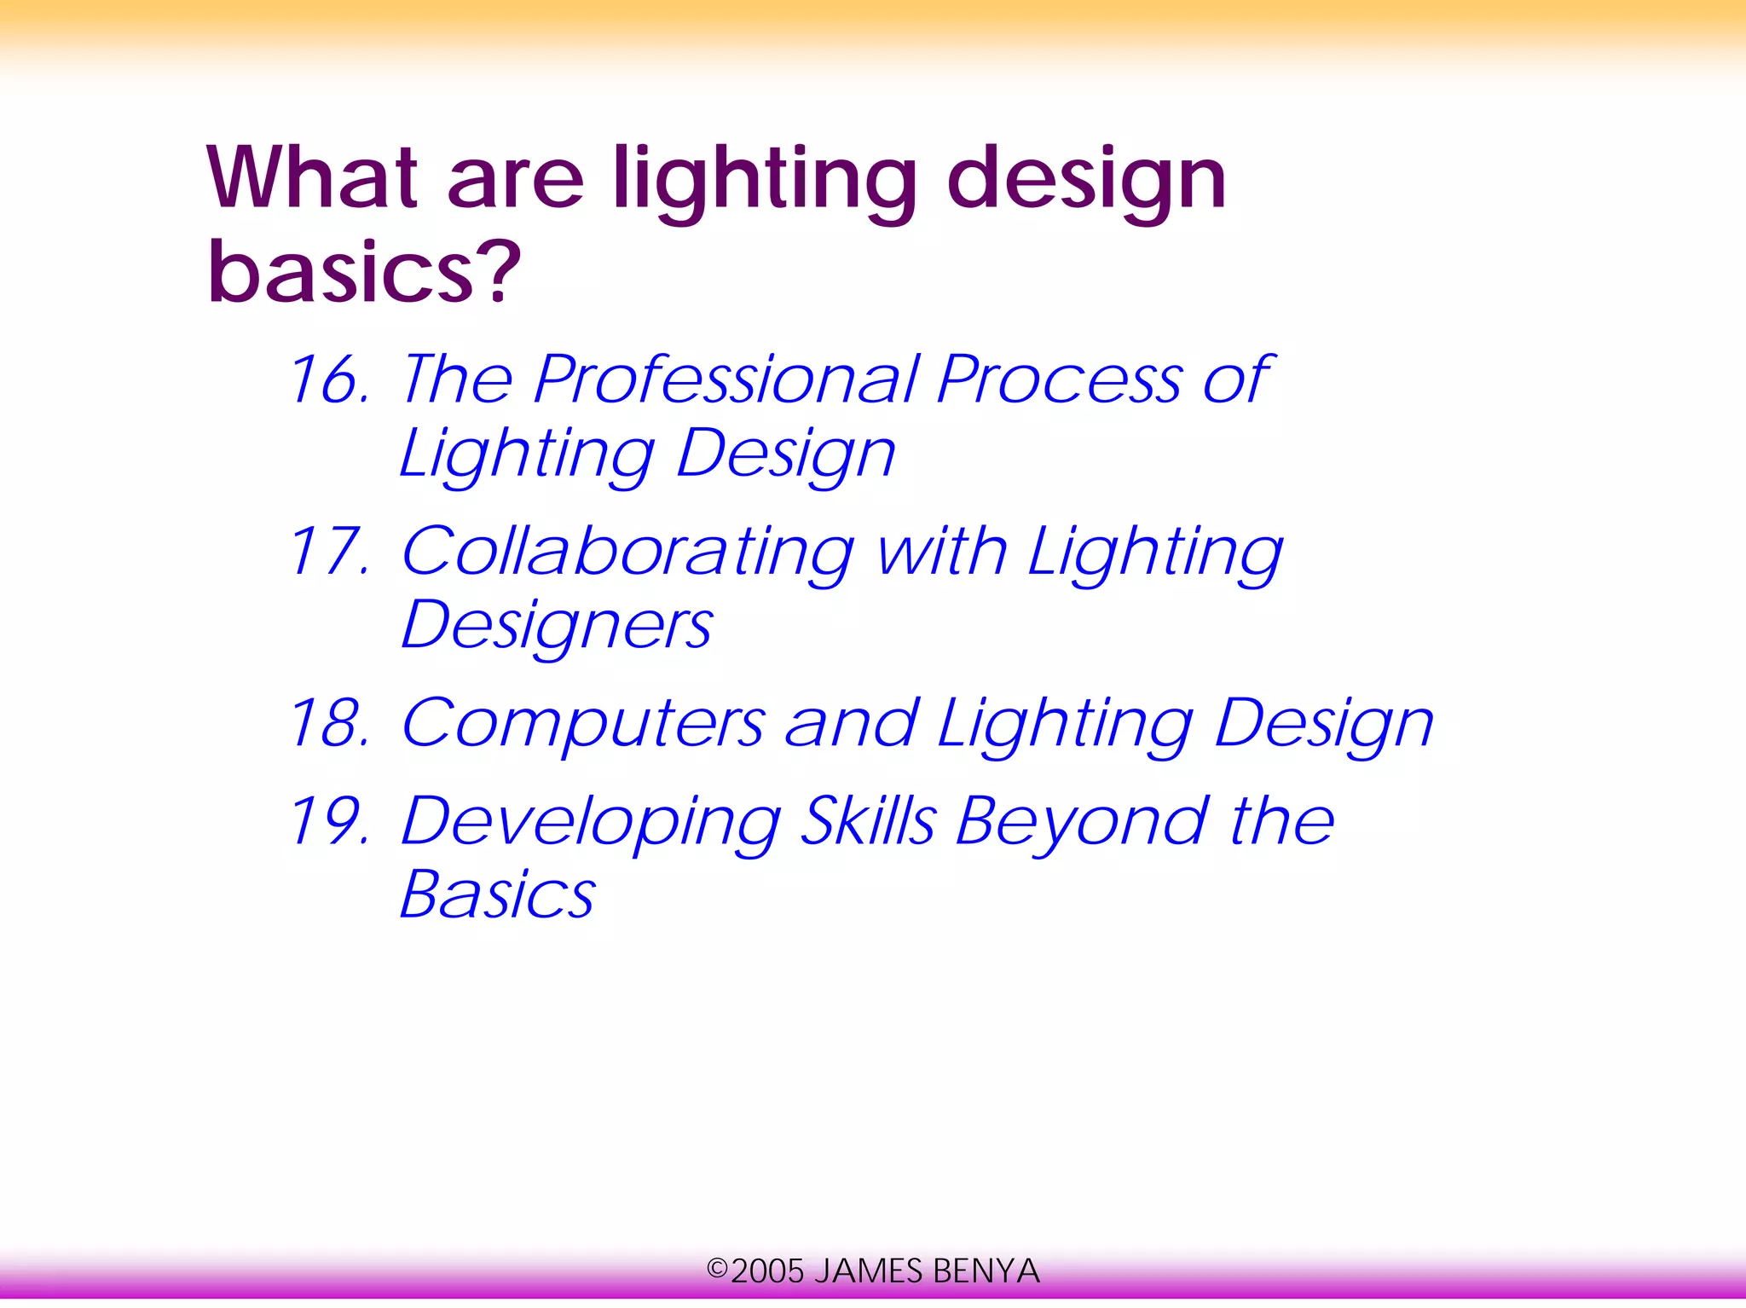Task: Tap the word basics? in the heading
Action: tap(364, 272)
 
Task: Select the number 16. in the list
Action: tap(329, 380)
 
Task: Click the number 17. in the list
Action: tap(329, 552)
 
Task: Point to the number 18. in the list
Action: tap(329, 724)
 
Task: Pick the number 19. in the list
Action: tap(329, 822)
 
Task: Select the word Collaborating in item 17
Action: tap(627, 552)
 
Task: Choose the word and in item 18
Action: tap(851, 724)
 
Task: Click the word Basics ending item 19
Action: tap(497, 895)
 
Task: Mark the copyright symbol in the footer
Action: tap(717, 1270)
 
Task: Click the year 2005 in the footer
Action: tap(767, 1271)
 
